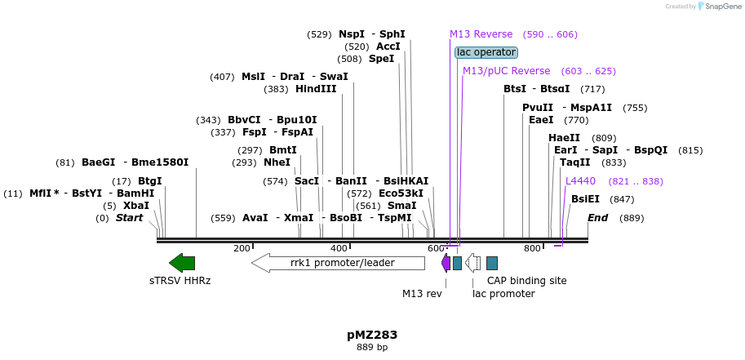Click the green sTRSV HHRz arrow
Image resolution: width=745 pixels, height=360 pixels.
pyautogui.click(x=182, y=262)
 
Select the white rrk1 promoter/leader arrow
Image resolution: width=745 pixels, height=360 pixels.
pyautogui.click(x=338, y=263)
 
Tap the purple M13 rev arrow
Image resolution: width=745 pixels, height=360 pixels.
pyautogui.click(x=446, y=263)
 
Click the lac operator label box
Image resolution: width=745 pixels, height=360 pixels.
pyautogui.click(x=486, y=52)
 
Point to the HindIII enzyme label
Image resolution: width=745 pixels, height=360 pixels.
pyautogui.click(x=316, y=89)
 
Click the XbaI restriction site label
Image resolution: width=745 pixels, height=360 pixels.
pyautogui.click(x=136, y=206)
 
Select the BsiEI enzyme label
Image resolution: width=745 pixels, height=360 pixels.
pyautogui.click(x=585, y=199)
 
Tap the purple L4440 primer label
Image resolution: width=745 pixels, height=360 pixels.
pyautogui.click(x=580, y=181)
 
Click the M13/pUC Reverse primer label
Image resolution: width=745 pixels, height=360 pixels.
pyautogui.click(x=506, y=71)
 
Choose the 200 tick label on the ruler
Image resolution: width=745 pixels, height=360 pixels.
pyautogui.click(x=242, y=248)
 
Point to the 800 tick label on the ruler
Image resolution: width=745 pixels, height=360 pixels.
pyautogui.click(x=532, y=248)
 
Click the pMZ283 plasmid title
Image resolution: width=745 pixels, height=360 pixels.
pyautogui.click(x=372, y=335)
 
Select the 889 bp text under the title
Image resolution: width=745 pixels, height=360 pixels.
pyautogui.click(x=372, y=348)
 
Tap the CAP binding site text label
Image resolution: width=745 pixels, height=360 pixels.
pyautogui.click(x=526, y=281)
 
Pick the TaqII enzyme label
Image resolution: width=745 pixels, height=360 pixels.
pyautogui.click(x=574, y=162)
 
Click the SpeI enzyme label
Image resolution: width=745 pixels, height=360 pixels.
pyautogui.click(x=381, y=59)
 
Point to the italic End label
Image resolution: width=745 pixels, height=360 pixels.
pyautogui.click(x=597, y=218)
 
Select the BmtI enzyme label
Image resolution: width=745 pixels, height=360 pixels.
pyautogui.click(x=283, y=150)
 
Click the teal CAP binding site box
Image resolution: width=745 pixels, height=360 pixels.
pyautogui.click(x=492, y=263)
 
